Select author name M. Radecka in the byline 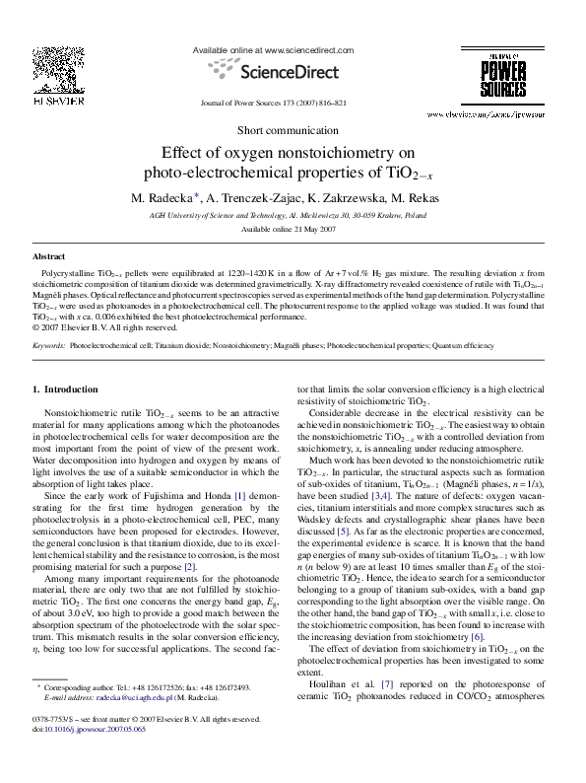pyautogui.click(x=163, y=198)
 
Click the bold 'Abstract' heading pyautogui.click(x=49, y=255)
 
